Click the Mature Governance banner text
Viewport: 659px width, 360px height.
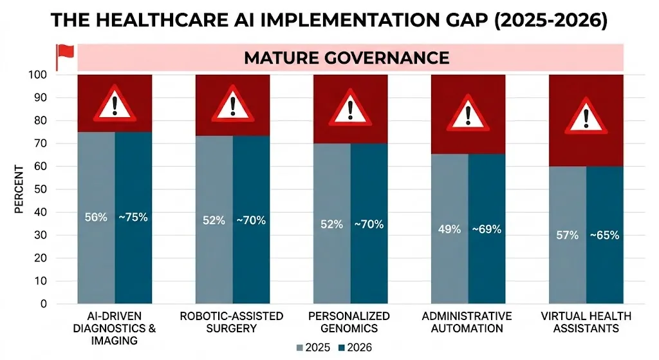[x=346, y=57]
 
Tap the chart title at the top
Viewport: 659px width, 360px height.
[x=329, y=20]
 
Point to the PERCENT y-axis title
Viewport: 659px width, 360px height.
[x=19, y=190]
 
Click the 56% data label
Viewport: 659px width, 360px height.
[x=96, y=217]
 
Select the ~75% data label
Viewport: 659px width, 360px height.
[x=133, y=217]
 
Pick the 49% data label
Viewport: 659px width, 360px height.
[x=449, y=229]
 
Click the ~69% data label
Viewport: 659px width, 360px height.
[x=487, y=229]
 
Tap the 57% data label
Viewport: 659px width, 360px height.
[x=567, y=235]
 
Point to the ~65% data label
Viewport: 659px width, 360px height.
[x=604, y=235]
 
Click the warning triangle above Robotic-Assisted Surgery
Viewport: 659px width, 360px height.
[x=232, y=104]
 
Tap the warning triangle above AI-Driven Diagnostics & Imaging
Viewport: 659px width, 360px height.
[x=115, y=104]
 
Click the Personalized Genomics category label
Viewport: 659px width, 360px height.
[x=349, y=322]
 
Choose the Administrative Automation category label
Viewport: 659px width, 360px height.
[x=467, y=322]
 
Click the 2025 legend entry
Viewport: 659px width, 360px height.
[x=313, y=348]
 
